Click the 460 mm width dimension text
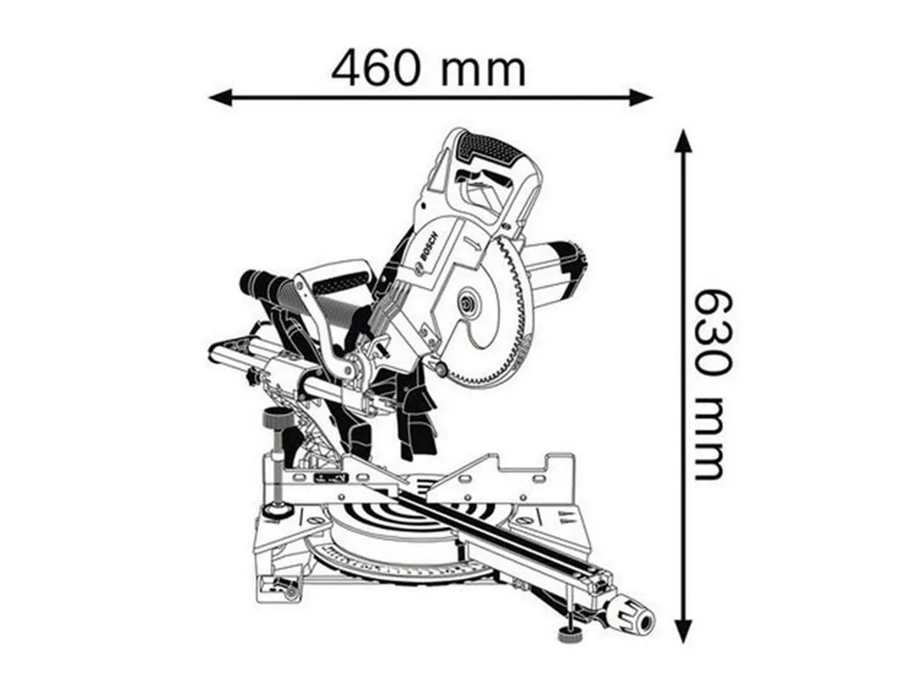[428, 68]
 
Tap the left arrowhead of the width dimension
[221, 97]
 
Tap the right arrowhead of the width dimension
[640, 97]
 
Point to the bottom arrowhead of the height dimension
[682, 629]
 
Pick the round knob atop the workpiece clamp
[277, 419]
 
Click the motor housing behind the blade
[556, 269]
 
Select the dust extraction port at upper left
[257, 284]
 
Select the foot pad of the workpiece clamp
[275, 511]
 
